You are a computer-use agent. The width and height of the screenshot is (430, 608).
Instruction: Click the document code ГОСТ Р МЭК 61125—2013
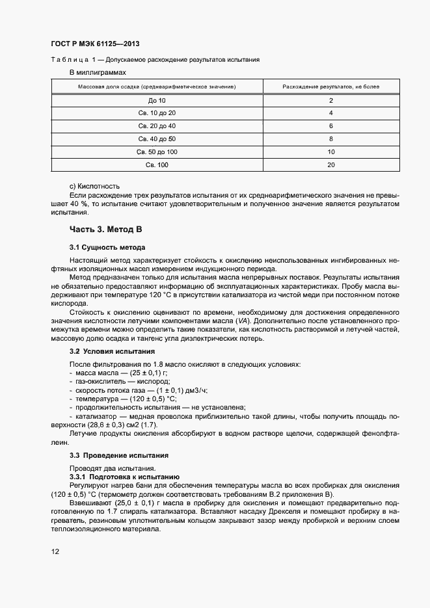tap(95, 44)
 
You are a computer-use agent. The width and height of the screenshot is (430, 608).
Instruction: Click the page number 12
tap(55, 551)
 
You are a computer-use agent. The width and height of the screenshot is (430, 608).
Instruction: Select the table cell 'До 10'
tap(157, 101)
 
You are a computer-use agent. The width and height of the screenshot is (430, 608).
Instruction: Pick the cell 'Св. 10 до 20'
tap(157, 113)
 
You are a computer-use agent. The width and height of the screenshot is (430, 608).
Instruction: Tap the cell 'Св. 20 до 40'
tap(157, 126)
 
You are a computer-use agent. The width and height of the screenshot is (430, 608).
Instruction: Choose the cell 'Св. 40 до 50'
tap(157, 139)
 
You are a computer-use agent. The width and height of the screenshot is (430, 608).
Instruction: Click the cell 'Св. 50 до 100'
tap(157, 152)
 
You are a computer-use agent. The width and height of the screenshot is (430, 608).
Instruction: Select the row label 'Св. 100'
tap(157, 165)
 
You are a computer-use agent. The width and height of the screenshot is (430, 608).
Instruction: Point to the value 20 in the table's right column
tap(331, 165)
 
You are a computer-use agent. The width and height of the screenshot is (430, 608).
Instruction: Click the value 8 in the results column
tap(331, 139)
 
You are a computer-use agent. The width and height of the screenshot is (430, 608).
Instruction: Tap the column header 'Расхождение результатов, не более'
tap(331, 86)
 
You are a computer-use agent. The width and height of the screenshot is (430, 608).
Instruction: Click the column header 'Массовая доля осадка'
tap(157, 86)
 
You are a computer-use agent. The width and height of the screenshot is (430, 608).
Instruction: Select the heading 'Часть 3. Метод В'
tap(105, 230)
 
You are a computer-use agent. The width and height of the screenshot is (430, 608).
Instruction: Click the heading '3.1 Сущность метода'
tap(107, 248)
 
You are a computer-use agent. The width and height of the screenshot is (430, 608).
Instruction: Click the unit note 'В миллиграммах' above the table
tap(98, 72)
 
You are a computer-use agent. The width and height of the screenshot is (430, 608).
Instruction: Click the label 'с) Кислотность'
tap(94, 186)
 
